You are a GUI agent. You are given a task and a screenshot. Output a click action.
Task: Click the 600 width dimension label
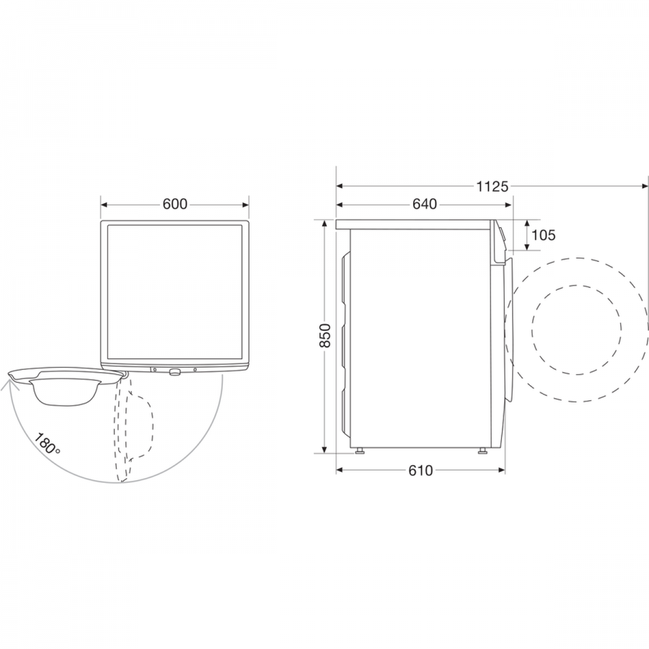point(175,204)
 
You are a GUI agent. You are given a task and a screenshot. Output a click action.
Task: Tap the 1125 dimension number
point(492,187)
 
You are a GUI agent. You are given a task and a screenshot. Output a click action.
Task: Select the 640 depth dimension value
point(425,204)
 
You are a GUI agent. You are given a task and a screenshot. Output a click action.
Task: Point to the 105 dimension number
point(543,235)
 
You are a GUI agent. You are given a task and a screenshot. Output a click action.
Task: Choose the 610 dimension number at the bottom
point(420,470)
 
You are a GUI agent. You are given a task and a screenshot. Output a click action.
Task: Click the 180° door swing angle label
point(47,443)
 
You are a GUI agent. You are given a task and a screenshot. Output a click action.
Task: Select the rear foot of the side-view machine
point(358,451)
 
